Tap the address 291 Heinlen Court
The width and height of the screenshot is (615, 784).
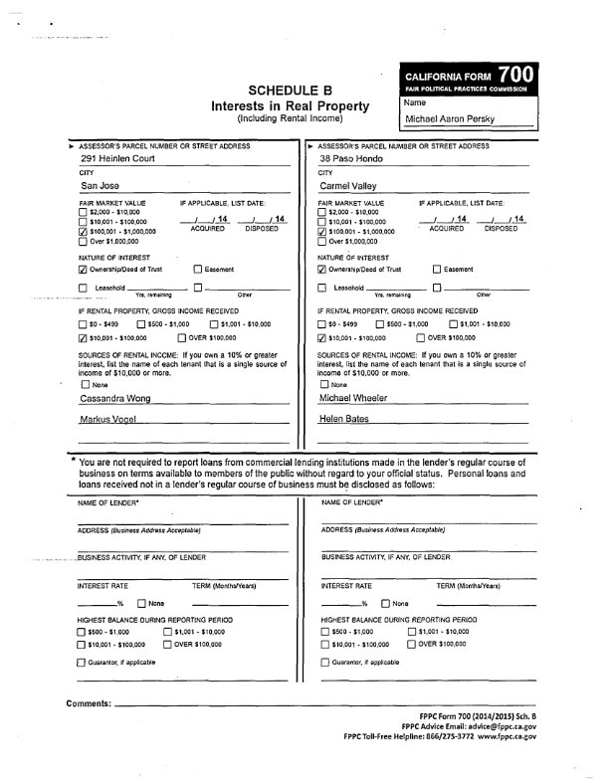(120, 159)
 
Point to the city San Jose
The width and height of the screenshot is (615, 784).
(102, 186)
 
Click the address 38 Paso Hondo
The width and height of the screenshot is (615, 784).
(356, 159)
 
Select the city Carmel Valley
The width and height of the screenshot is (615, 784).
(352, 186)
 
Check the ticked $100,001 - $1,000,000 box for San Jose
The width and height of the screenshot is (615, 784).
(83, 232)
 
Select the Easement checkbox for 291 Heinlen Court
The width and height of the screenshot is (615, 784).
(196, 269)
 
